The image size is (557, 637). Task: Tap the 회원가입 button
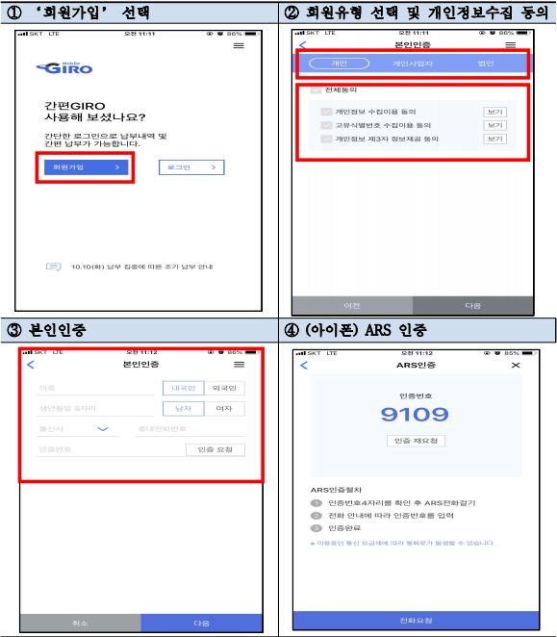85,166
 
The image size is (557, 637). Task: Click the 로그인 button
191,166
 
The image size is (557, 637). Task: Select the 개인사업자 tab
413,64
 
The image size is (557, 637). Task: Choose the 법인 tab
485,64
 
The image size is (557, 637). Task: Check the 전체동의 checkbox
316,90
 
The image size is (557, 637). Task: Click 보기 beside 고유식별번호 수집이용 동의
494,125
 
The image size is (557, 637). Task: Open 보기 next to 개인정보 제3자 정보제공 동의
494,139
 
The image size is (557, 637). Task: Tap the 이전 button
352,305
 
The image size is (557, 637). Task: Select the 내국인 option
182,388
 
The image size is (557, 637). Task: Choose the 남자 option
182,408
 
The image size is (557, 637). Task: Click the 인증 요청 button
215,449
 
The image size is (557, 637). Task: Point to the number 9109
415,415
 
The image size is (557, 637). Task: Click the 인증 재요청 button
415,441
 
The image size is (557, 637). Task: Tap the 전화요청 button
415,619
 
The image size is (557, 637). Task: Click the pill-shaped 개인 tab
339,64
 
